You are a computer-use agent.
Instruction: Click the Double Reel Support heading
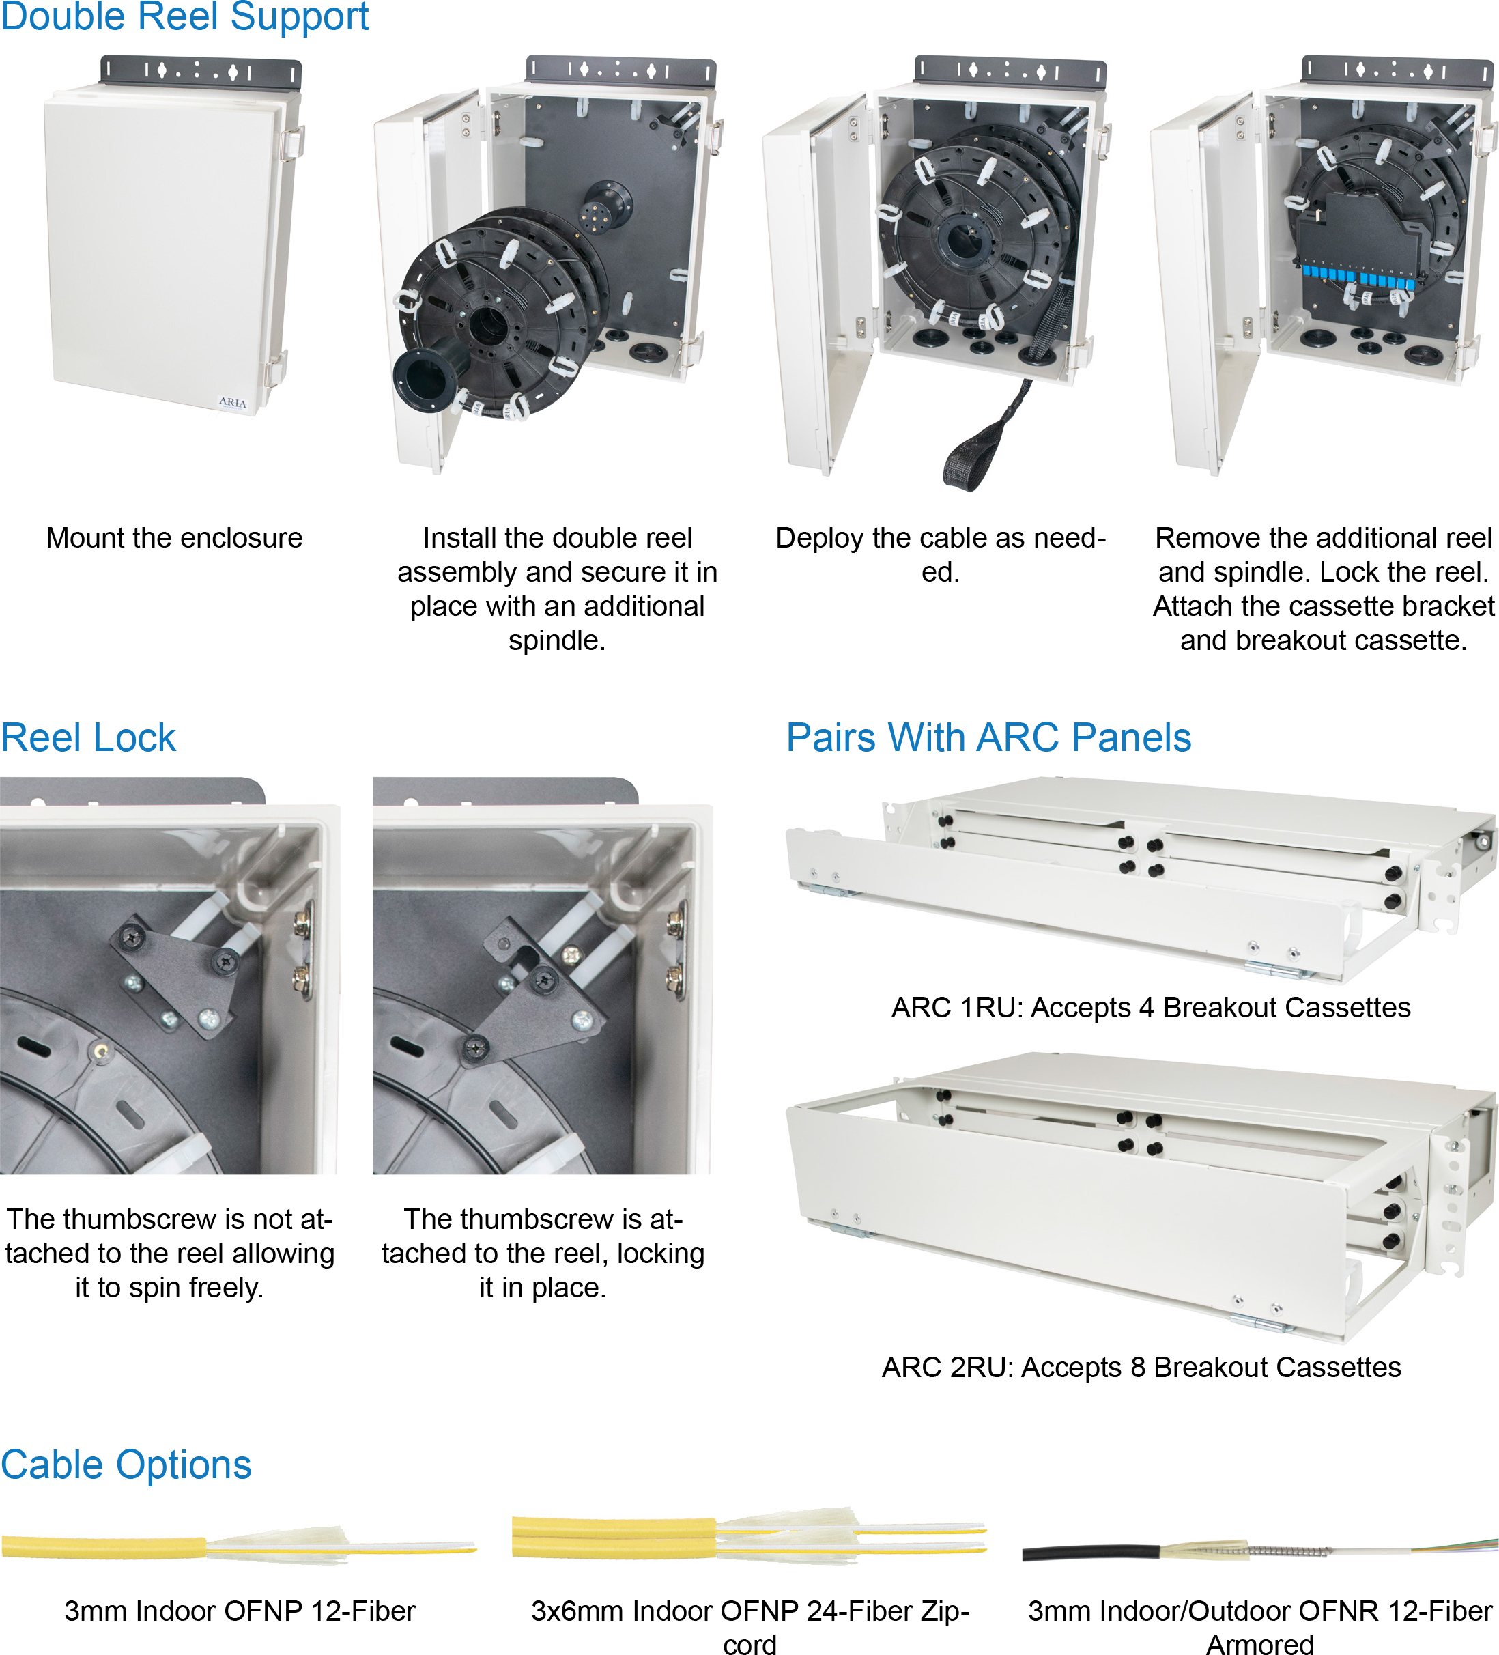185,16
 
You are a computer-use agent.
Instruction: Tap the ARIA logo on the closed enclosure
232,402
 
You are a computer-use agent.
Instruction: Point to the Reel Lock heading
88,737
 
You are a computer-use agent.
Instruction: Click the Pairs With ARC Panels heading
988,737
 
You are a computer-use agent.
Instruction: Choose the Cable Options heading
126,1465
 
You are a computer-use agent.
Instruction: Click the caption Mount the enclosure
174,538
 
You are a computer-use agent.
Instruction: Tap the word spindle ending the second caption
556,640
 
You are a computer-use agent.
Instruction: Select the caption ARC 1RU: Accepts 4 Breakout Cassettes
1151,1007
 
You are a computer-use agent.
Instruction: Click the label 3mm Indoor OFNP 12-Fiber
240,1611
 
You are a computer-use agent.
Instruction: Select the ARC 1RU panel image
1141,879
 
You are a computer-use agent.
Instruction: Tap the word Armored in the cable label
1259,1643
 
